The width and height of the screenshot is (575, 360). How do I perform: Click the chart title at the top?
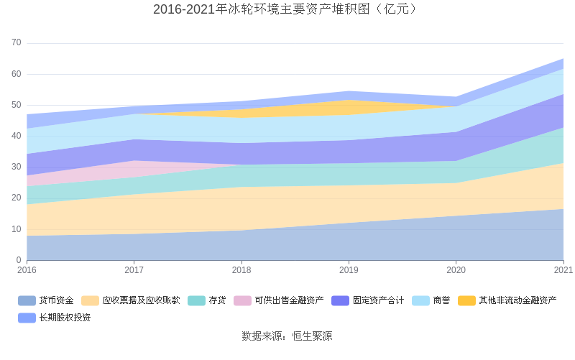tap(287, 9)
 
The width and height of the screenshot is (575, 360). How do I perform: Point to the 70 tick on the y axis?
tap(17, 43)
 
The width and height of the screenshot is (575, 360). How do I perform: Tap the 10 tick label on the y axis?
tap(17, 229)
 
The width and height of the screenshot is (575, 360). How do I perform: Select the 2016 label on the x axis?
tap(27, 270)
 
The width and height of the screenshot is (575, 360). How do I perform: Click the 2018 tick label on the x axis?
tap(241, 270)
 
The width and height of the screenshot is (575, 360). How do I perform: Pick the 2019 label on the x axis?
tap(349, 270)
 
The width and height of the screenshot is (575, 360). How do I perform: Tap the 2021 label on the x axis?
tap(563, 270)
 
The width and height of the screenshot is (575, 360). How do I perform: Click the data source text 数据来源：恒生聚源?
tap(287, 336)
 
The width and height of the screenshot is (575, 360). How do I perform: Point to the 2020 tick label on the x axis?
tap(456, 270)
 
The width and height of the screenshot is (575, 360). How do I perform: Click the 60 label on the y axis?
tap(17, 74)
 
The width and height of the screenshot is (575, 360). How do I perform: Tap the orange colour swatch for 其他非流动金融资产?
tap(466, 300)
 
